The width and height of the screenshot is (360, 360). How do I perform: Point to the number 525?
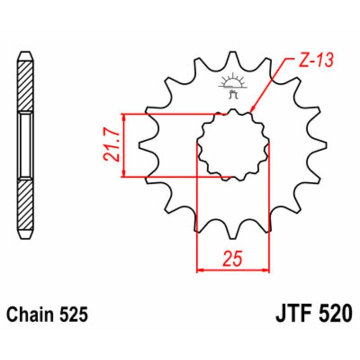pyautogui.click(x=72, y=315)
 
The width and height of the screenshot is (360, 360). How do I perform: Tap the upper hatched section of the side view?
pyautogui.click(x=26, y=85)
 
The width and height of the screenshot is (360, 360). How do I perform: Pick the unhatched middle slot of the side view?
pyautogui.click(x=26, y=145)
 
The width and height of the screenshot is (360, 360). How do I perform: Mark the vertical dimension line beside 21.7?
pyautogui.click(x=124, y=145)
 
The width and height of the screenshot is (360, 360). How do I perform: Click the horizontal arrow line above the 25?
pyautogui.click(x=233, y=270)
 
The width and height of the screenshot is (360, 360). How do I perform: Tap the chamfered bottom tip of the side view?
pyautogui.click(x=26, y=236)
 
